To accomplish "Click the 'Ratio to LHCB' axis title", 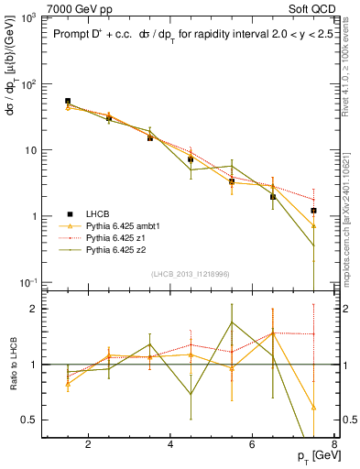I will point(12,365).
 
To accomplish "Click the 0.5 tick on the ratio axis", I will point(31,420).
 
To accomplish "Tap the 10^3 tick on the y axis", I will point(27,18).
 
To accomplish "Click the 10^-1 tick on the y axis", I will point(27,282).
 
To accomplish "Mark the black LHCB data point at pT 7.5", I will point(314,211).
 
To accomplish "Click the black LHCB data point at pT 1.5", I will point(68,101).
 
